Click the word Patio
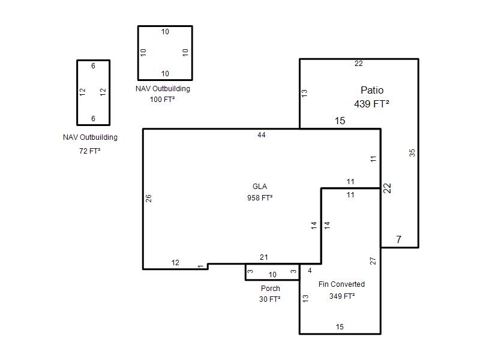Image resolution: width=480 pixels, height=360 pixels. (x=372, y=90)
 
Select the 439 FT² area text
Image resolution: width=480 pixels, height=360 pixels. (x=371, y=104)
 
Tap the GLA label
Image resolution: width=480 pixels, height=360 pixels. (x=260, y=187)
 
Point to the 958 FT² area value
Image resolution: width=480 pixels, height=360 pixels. (x=260, y=198)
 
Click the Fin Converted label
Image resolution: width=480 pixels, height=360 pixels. (x=341, y=284)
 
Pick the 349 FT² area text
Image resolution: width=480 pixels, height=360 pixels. (x=342, y=296)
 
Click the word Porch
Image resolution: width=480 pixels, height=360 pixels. (x=271, y=289)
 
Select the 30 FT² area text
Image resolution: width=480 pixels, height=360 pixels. (x=269, y=299)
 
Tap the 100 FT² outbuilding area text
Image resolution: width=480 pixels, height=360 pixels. (x=162, y=100)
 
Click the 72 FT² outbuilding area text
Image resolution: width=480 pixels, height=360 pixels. (x=89, y=151)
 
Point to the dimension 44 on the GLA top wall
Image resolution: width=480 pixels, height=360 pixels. (x=262, y=135)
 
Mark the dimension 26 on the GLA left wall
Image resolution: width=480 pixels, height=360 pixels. (x=148, y=199)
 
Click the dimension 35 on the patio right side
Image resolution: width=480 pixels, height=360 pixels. (x=412, y=153)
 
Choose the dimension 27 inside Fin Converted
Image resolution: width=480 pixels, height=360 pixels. (x=373, y=261)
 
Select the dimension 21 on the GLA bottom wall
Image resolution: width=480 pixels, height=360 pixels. (x=263, y=257)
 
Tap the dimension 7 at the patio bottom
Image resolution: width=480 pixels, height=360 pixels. (x=398, y=239)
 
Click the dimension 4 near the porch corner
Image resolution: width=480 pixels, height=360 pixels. (x=310, y=271)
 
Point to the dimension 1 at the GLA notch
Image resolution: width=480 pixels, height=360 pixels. (x=200, y=266)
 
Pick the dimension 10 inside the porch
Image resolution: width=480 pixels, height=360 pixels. (x=272, y=275)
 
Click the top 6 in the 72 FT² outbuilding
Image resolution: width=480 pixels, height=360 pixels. (x=93, y=66)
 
